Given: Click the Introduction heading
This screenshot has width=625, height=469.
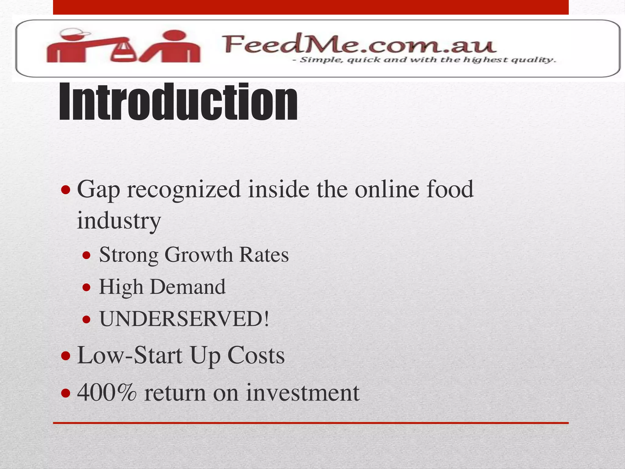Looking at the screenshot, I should (x=178, y=102).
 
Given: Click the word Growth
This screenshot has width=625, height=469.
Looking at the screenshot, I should (x=198, y=255).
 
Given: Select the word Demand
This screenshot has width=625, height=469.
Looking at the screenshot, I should (x=188, y=287).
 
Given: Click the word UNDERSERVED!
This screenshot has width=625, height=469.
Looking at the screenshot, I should (x=184, y=319).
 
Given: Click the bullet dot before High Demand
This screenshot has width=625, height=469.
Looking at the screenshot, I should (x=87, y=287).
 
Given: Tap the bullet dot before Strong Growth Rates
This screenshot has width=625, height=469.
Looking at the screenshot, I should (x=87, y=255).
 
